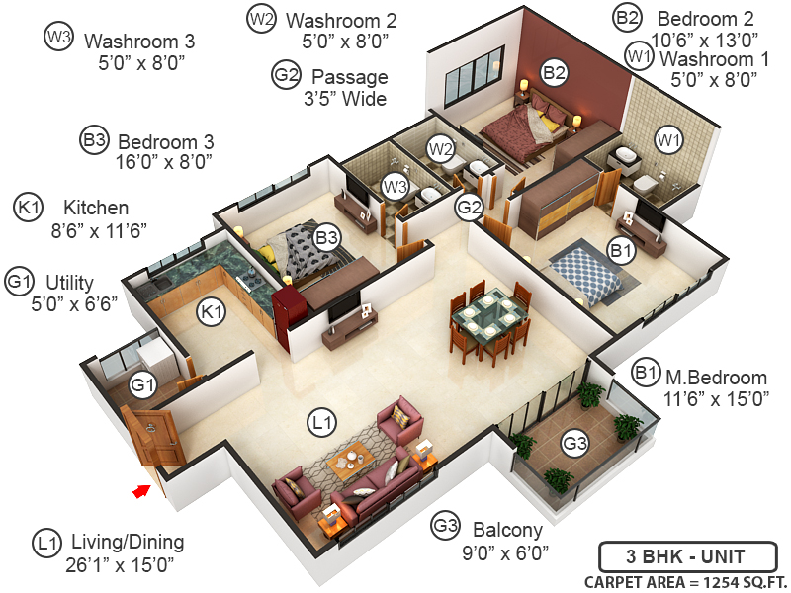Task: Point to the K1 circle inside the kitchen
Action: (x=211, y=312)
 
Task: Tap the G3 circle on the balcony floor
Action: (x=574, y=444)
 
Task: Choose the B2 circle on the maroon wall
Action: (x=554, y=71)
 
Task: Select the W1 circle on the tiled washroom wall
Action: (x=669, y=141)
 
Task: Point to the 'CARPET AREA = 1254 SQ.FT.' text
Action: (x=685, y=580)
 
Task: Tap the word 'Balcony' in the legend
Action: (x=506, y=529)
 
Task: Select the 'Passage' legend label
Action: (x=349, y=76)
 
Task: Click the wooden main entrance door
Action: (x=156, y=438)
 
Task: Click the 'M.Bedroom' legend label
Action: (x=716, y=378)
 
